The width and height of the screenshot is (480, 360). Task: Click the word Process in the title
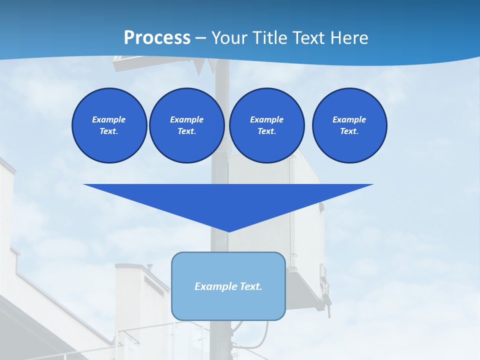157,38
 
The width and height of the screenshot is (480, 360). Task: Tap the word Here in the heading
348,38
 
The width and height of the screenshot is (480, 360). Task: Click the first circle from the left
109,125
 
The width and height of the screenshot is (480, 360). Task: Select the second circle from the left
186,125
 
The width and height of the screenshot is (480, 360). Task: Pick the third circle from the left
266,125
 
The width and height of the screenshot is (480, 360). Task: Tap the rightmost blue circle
349,125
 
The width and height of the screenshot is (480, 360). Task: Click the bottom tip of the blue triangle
228,231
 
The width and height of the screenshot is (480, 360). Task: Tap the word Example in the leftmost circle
109,119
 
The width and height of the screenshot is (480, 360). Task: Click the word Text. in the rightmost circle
349,131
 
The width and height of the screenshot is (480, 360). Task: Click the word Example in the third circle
266,119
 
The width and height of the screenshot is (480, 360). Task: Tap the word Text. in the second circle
186,131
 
